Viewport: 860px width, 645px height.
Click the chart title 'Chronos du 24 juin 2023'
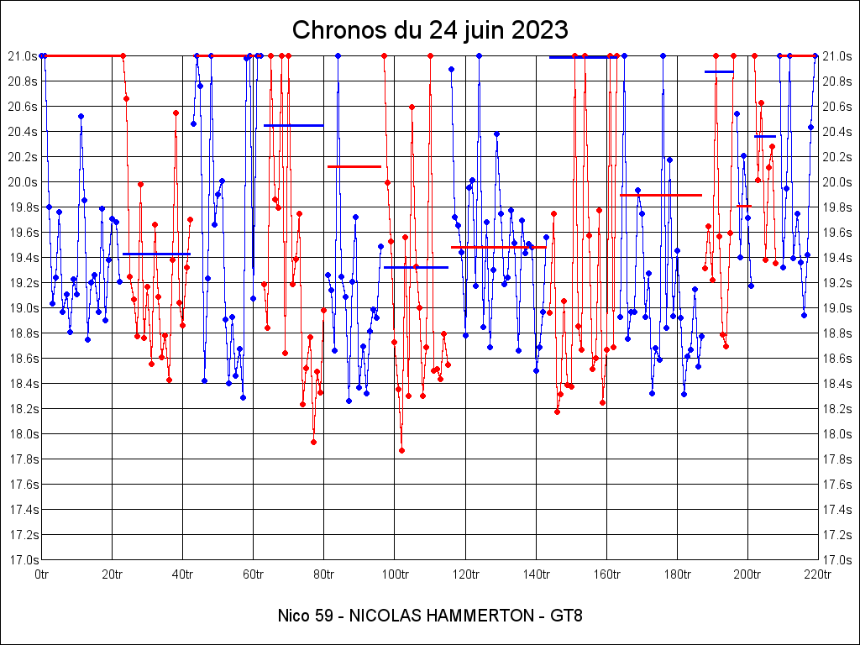pyautogui.click(x=430, y=30)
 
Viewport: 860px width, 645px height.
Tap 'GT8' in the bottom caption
pyautogui.click(x=566, y=616)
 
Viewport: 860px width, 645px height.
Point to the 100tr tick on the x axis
pyautogui.click(x=395, y=574)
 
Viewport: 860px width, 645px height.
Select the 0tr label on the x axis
pyautogui.click(x=42, y=574)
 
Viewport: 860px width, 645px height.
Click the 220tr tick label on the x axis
pyautogui.click(x=817, y=574)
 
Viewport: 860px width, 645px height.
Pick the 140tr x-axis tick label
pyautogui.click(x=536, y=574)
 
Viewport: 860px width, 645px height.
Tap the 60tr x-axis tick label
pyautogui.click(x=254, y=574)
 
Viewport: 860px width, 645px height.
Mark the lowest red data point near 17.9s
pyautogui.click(x=401, y=450)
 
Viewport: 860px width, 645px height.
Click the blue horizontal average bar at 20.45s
pyautogui.click(x=293, y=125)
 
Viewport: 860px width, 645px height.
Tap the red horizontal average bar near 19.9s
pyautogui.click(x=660, y=195)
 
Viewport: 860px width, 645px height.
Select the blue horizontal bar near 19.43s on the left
pyautogui.click(x=156, y=254)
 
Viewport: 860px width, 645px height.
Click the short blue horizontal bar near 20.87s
pyautogui.click(x=719, y=72)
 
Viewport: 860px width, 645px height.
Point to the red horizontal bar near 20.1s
pyautogui.click(x=354, y=166)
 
